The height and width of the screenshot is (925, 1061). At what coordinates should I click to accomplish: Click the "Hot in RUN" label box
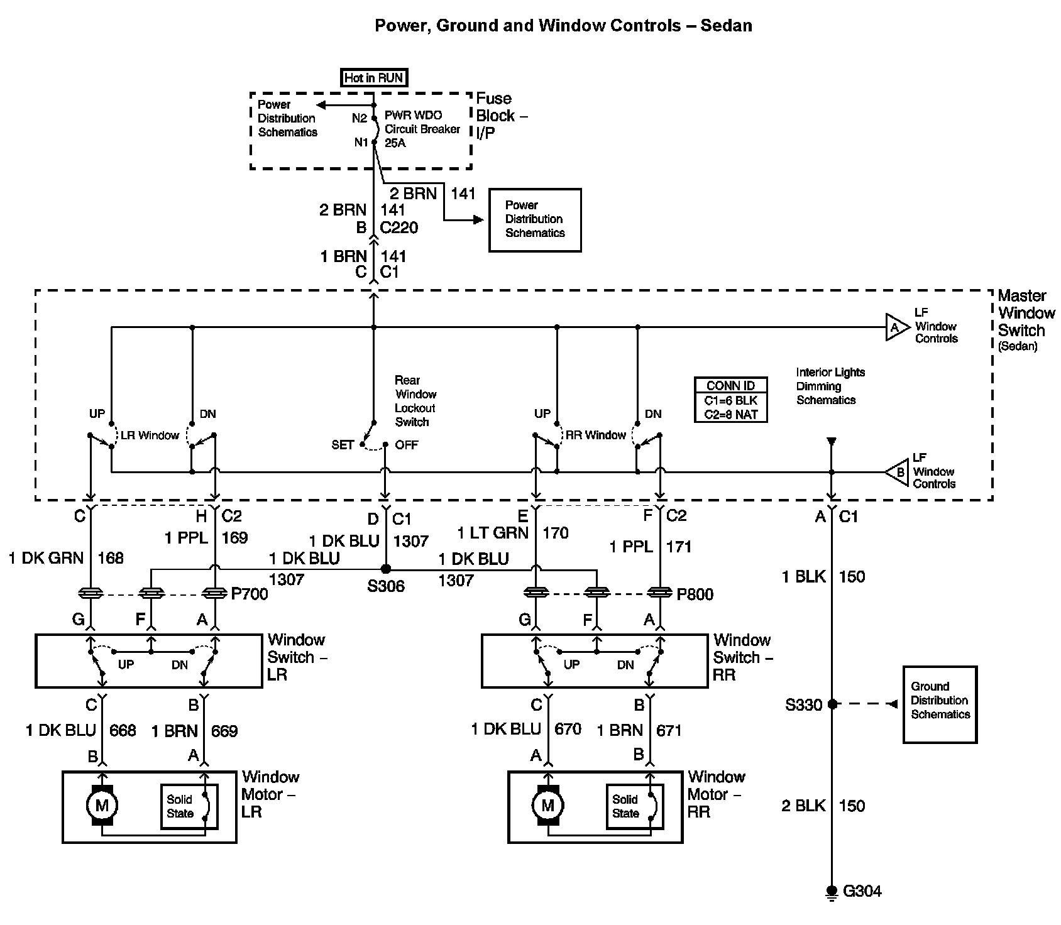click(x=373, y=78)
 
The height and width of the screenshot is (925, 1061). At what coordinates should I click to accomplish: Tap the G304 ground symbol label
click(x=862, y=891)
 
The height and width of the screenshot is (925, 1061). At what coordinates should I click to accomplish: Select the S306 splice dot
click(x=386, y=569)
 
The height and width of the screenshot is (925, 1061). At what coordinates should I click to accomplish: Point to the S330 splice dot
click(x=832, y=704)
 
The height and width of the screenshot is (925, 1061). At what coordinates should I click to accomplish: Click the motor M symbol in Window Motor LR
click(x=102, y=805)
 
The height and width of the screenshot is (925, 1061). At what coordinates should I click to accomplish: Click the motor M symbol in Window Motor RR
click(x=547, y=805)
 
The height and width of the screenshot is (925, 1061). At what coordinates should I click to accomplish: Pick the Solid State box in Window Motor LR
click(x=189, y=806)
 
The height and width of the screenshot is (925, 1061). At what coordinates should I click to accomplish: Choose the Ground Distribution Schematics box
click(x=940, y=704)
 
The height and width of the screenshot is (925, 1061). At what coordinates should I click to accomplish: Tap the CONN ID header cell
click(x=730, y=386)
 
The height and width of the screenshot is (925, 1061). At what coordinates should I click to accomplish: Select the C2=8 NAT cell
click(x=730, y=415)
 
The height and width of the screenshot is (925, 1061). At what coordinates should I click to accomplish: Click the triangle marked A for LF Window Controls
click(x=896, y=327)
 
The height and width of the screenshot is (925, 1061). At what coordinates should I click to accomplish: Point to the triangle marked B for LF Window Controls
click(x=898, y=472)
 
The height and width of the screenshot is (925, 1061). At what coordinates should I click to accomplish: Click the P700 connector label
click(x=250, y=594)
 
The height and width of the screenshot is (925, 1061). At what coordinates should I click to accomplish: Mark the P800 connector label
click(x=695, y=594)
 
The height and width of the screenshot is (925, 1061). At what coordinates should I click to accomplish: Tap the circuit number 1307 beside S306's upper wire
click(x=411, y=541)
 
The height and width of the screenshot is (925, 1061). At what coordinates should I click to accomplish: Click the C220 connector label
click(x=400, y=227)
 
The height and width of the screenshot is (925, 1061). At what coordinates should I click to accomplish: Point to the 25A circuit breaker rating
click(x=395, y=143)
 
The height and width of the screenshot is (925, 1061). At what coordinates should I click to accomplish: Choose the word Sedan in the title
click(x=728, y=26)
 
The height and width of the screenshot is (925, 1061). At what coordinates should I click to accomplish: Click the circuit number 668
click(x=123, y=731)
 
